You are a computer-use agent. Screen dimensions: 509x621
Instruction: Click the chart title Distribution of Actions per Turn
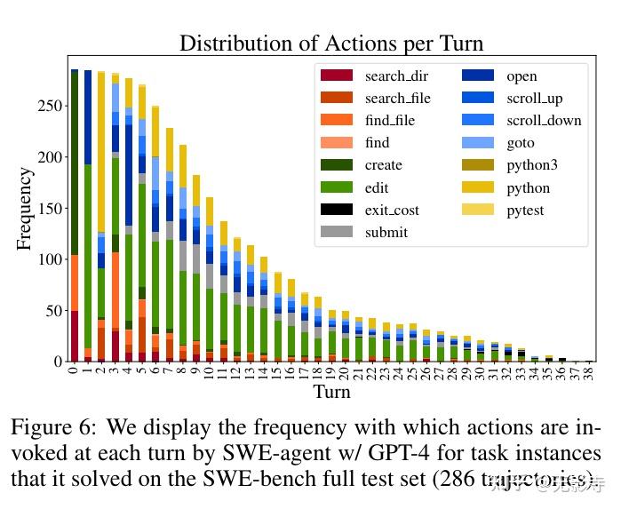click(x=331, y=43)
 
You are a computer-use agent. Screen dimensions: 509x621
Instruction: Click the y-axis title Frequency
click(x=25, y=209)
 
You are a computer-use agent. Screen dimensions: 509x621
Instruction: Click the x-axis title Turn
click(x=331, y=391)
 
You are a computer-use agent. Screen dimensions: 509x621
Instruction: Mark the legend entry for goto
click(x=520, y=143)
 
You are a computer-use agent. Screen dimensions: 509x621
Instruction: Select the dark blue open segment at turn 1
click(x=87, y=116)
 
